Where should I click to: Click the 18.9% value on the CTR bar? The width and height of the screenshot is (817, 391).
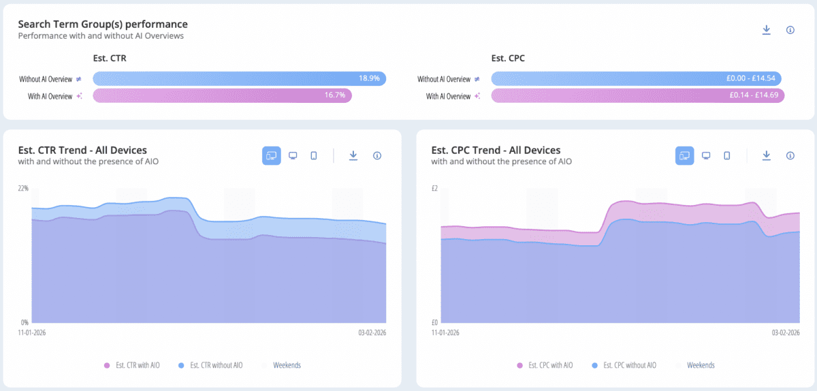(369, 78)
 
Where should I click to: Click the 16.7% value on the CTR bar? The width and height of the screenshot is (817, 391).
(335, 95)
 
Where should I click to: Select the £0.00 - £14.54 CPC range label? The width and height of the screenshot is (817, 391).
(754, 78)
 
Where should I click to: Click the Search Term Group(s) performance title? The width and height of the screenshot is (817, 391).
(103, 25)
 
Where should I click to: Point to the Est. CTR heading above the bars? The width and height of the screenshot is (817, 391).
(110, 59)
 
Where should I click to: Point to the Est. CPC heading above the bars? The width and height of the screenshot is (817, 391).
(508, 59)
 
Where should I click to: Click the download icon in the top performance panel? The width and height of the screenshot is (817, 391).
(766, 30)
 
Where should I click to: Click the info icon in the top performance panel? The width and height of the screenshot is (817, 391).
(790, 30)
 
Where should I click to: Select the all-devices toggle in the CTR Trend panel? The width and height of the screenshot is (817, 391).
(272, 156)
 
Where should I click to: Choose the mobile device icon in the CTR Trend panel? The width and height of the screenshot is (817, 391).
(314, 156)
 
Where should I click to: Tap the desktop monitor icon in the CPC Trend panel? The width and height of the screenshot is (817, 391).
(706, 156)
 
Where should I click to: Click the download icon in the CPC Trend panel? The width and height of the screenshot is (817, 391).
(766, 156)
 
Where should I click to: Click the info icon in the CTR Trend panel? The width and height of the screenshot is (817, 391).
(377, 156)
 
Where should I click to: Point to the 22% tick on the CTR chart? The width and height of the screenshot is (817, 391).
(23, 188)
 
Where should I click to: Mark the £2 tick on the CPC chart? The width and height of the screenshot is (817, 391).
(436, 188)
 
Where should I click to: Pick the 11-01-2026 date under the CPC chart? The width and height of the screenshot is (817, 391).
(445, 333)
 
